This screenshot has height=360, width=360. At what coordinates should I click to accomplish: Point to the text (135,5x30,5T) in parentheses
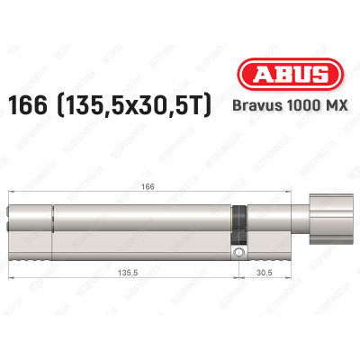coord(139,105)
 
